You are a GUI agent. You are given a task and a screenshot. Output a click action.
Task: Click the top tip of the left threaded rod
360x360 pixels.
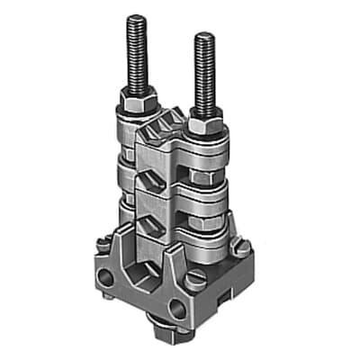pyautogui.click(x=137, y=18)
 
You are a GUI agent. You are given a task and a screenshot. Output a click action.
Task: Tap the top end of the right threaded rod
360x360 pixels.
pyautogui.click(x=204, y=36)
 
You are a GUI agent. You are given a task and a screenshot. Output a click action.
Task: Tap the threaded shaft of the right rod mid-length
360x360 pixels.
pyautogui.click(x=204, y=72)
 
